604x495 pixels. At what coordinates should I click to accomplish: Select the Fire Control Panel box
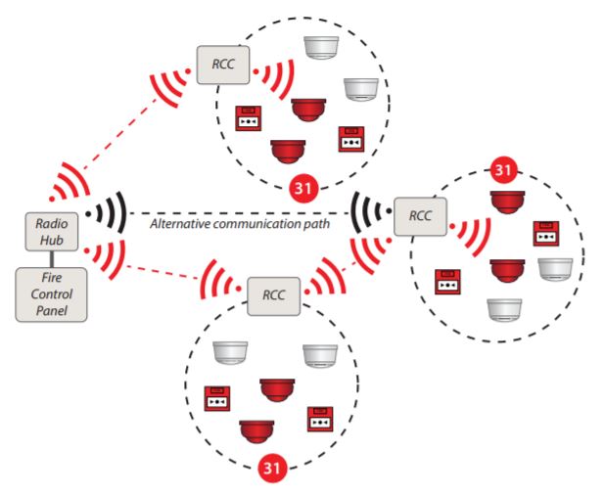[x=44, y=292]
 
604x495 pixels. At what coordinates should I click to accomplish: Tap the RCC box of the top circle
[x=221, y=67]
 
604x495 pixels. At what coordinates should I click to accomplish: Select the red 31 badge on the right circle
[x=502, y=170]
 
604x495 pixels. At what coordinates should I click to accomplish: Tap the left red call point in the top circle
[x=248, y=118]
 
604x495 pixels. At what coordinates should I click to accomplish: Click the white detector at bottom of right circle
[x=503, y=309]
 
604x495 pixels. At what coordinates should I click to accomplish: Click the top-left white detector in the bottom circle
[x=232, y=353]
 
